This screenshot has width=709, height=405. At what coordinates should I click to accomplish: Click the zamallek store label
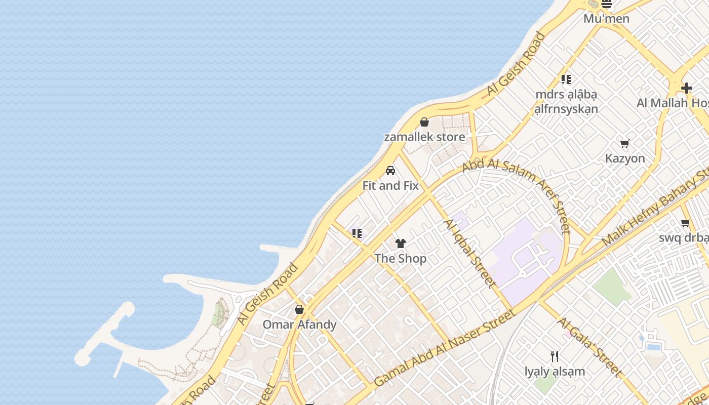pos(424,137)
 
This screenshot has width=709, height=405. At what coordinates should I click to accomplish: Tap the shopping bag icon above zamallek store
pos(424,123)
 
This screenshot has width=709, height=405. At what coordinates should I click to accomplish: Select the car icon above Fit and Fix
pos(390,171)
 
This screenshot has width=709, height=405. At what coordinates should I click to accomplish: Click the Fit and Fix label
pos(390,186)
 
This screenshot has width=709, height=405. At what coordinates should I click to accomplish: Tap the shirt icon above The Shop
pos(401,244)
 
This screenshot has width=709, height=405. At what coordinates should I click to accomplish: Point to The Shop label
pos(401,259)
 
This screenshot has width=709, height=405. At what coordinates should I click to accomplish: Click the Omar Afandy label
pos(299,325)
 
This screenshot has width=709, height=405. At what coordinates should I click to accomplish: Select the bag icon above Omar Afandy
pos(299,309)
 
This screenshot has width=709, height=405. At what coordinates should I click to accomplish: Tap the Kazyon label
pos(625,158)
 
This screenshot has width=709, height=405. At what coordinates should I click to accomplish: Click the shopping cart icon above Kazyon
pos(625,144)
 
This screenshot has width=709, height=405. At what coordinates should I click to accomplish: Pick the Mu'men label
pos(606,19)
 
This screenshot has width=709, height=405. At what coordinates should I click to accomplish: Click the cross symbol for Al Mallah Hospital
pos(687,88)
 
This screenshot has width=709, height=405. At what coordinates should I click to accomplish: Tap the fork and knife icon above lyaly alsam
pos(555,356)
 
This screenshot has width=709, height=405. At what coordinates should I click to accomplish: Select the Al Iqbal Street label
pos(469,254)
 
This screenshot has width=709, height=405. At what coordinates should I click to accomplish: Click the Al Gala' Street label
pos(590,347)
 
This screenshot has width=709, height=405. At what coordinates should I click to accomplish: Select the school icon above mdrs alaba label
pos(566,79)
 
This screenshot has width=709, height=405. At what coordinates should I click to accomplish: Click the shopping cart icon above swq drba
pos(686,223)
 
